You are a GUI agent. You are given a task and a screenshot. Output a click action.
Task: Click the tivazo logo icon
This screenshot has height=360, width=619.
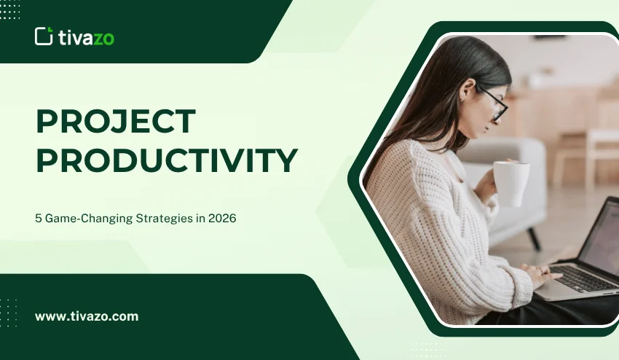click(x=44, y=36)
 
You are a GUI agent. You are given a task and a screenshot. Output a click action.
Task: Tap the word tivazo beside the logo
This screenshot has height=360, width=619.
click(x=87, y=36)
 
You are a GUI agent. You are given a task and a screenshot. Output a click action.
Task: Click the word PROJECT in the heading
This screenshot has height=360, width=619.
click(x=116, y=122)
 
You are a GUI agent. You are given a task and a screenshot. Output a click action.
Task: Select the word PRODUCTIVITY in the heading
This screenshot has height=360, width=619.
click(x=167, y=160)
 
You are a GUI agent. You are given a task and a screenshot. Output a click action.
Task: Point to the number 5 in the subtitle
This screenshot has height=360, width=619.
click(x=39, y=219)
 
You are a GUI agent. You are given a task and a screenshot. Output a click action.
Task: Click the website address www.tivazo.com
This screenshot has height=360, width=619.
click(x=87, y=317)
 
